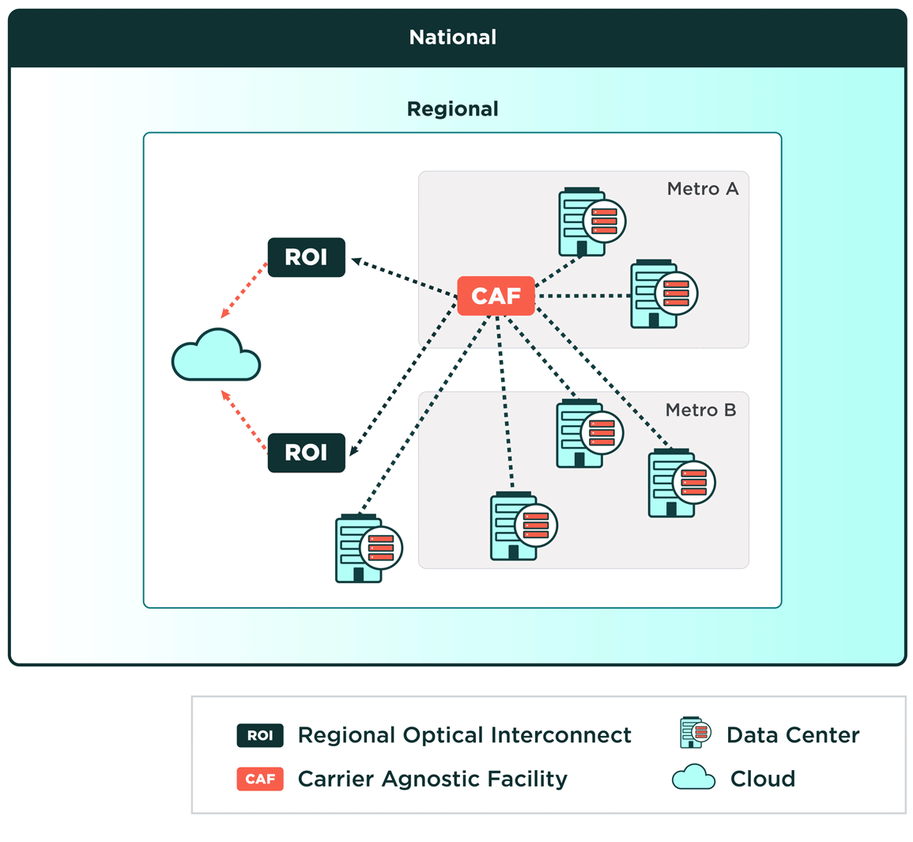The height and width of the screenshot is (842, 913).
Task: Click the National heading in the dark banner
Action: coord(452,37)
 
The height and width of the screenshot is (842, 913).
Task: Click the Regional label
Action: coord(452,108)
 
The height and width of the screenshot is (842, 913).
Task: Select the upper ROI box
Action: coord(306,257)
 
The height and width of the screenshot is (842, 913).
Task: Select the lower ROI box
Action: coord(306,453)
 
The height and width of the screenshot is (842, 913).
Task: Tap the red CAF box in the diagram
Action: coord(496,296)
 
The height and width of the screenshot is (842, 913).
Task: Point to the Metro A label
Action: coord(702,189)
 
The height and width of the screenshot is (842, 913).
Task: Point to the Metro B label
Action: coord(700,410)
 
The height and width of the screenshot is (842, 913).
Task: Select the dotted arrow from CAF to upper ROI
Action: coord(403,278)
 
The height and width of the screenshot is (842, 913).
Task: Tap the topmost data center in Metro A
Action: coord(589,222)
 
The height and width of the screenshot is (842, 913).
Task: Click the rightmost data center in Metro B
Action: coord(678,484)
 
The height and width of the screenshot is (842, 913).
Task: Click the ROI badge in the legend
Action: coord(260,735)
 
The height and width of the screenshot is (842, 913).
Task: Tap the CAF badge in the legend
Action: coord(260,779)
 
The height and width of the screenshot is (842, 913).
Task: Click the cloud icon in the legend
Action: coord(693,778)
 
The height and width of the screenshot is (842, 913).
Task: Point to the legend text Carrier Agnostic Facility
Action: coord(432,779)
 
